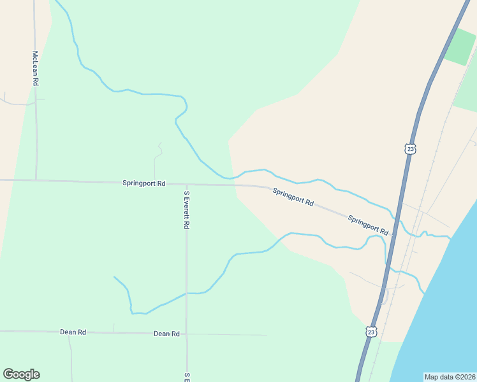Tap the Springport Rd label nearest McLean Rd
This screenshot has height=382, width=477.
(143, 183)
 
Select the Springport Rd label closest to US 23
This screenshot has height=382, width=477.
(368, 225)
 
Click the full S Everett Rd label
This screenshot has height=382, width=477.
(187, 209)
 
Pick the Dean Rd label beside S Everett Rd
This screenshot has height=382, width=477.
(166, 334)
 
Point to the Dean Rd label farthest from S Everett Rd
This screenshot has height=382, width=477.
(73, 332)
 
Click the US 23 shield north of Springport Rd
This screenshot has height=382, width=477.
(410, 149)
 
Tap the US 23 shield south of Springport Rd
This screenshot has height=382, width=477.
(372, 332)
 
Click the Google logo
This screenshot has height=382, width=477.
(21, 374)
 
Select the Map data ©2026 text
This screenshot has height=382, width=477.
(449, 376)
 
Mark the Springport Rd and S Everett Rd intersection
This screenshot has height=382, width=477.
(186, 185)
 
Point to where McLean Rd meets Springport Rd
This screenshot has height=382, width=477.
(36, 180)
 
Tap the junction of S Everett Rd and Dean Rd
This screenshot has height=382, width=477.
(186, 334)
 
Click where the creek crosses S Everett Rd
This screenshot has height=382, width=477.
(186, 294)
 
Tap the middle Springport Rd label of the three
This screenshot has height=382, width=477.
(293, 197)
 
